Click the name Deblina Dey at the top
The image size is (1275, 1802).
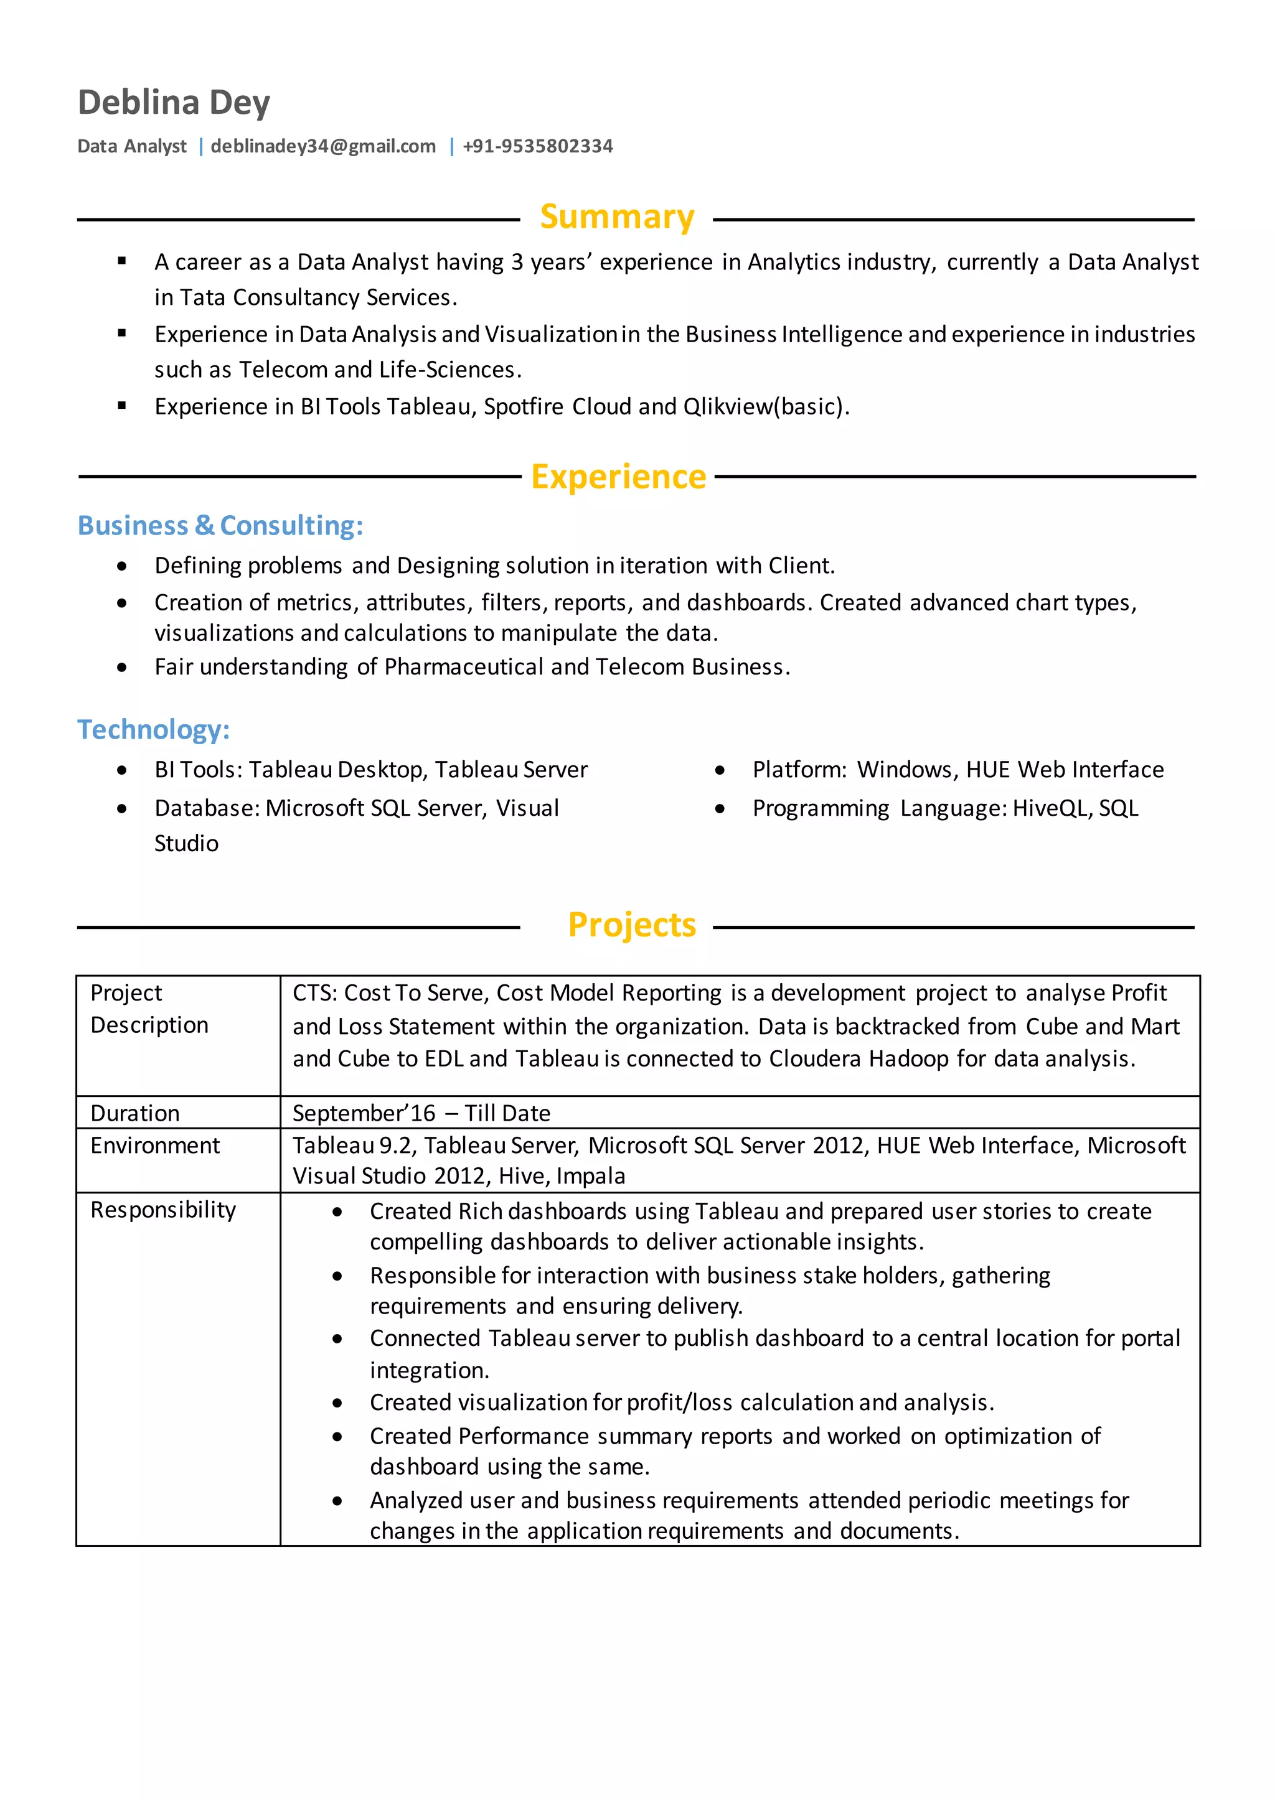(174, 103)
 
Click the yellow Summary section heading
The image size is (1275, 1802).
(617, 217)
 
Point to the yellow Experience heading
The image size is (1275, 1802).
(619, 477)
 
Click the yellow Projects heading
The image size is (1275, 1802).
(631, 925)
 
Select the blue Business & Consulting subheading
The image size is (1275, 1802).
(220, 525)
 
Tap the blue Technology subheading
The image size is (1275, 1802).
(153, 729)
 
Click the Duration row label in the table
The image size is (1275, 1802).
(135, 1113)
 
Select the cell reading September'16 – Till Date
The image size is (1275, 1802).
(421, 1113)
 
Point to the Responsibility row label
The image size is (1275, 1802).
(162, 1210)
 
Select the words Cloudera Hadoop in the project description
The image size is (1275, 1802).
(858, 1059)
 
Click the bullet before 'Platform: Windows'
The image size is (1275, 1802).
(720, 771)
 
